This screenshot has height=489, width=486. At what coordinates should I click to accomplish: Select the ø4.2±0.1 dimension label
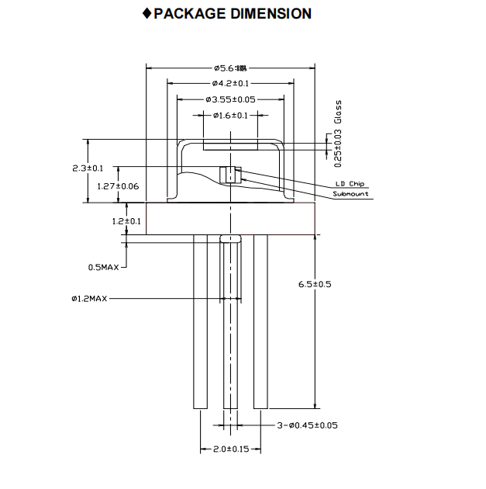coord(230,83)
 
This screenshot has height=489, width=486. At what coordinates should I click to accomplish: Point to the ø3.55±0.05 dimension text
coord(230,99)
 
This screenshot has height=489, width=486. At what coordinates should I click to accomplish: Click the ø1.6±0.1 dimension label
coord(230,116)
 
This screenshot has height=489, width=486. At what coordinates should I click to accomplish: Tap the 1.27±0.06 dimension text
coord(118,186)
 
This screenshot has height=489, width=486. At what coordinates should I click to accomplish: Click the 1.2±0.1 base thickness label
coord(126,221)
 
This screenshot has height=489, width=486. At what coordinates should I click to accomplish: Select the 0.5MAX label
coord(103,267)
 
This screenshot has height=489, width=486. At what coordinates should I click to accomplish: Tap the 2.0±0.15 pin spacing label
coord(230,450)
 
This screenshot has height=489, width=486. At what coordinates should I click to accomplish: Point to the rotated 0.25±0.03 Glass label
coord(337,134)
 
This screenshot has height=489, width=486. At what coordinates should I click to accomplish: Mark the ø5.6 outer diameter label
coord(230,68)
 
